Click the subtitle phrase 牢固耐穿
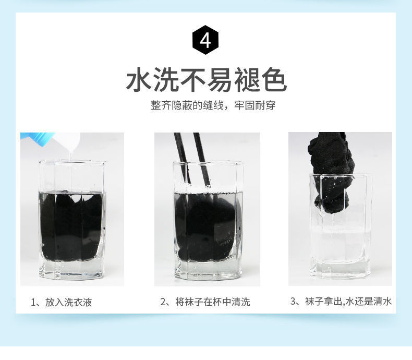(x=254, y=105)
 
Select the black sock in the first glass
(x=70, y=224)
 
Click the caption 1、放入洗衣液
(x=62, y=302)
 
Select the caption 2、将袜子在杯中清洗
(x=205, y=302)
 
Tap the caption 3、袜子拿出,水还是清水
(x=340, y=302)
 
